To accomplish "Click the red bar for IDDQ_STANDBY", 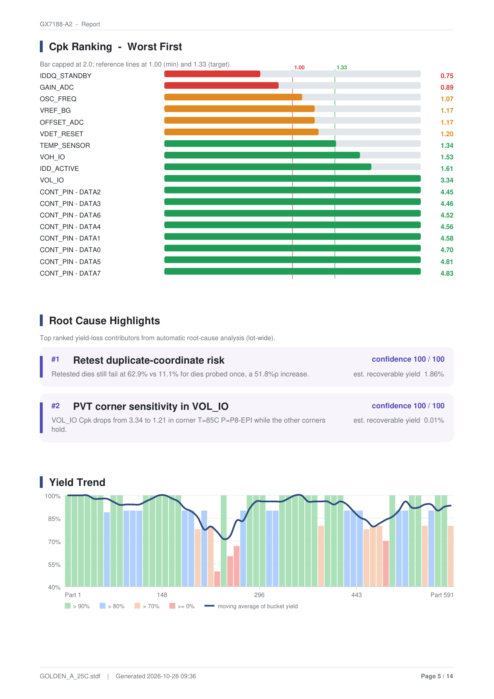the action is point(212,74).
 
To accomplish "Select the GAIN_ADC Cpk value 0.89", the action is point(447,88).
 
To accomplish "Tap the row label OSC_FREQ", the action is point(58,99).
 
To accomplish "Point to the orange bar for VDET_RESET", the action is point(241,132).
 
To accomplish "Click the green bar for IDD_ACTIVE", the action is point(268,167).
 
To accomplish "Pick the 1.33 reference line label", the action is point(341,68).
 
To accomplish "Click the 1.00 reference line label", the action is point(299,68).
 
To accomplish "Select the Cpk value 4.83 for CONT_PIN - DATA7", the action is point(447,274).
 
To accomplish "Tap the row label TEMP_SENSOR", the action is point(65,146).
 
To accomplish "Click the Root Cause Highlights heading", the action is point(104,321).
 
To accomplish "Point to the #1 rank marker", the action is point(55,359).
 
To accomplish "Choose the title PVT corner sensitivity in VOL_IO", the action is point(151,407).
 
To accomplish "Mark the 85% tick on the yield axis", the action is point(54,519).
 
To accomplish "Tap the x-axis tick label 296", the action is point(259,595).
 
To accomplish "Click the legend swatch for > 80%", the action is point(102,606).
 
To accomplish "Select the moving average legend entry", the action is point(251,606).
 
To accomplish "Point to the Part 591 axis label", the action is point(442,595).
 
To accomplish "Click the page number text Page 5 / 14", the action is point(437,676).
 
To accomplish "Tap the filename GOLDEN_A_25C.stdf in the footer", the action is point(70,676).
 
